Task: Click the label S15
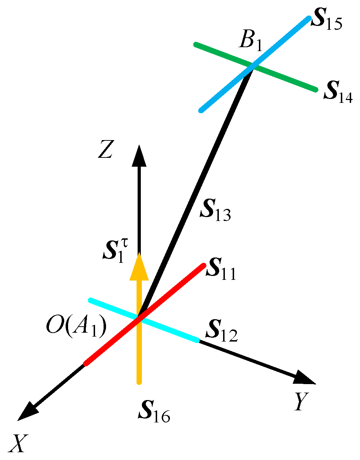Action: coord(326,22)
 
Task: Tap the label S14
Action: coord(338,93)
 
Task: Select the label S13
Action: coord(215,210)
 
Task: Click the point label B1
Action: coord(250,41)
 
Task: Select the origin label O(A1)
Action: coord(76,328)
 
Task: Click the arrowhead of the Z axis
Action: coord(139,156)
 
